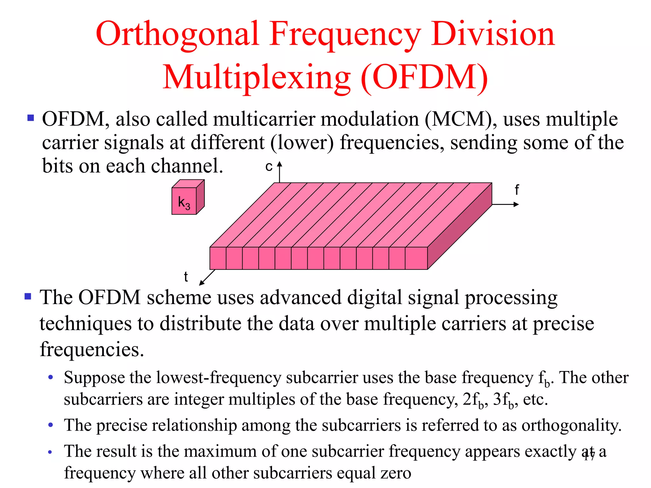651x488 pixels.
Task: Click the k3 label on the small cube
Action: [x=184, y=202]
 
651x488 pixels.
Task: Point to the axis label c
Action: [x=269, y=167]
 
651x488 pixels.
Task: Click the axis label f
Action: [x=517, y=190]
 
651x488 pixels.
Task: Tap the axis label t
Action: [x=186, y=277]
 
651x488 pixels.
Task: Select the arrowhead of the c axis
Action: [x=279, y=164]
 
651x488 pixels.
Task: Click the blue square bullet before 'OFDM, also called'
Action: [x=31, y=118]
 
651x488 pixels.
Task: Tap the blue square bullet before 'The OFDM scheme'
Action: [x=28, y=296]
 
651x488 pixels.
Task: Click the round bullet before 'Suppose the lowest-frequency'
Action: [x=50, y=378]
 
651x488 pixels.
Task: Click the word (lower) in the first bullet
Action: [x=302, y=143]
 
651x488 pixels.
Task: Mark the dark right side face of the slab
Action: [x=460, y=226]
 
